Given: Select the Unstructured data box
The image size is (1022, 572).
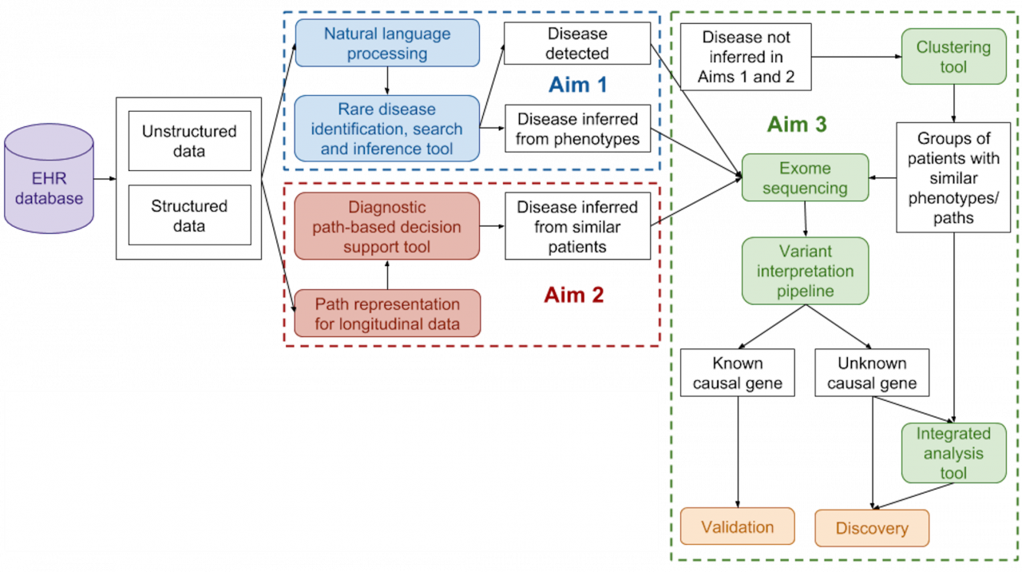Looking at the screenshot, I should click(189, 141).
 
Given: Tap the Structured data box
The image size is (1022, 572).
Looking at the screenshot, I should click(189, 216).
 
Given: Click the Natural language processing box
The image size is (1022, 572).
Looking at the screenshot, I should click(387, 44).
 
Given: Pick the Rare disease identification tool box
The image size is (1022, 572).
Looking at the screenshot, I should click(387, 129).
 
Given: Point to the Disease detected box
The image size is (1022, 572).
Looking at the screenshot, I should click(577, 44).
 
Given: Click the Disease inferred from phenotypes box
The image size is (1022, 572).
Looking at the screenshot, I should click(577, 129).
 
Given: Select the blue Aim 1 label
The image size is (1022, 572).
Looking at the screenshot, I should click(578, 85).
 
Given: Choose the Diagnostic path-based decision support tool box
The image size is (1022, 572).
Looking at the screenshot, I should click(387, 227).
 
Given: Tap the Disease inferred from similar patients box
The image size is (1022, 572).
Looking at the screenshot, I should click(577, 227).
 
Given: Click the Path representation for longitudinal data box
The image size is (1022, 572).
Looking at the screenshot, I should click(387, 314).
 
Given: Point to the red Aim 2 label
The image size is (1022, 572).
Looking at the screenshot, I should click(574, 295).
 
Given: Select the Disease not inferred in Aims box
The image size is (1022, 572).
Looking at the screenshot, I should click(745, 57).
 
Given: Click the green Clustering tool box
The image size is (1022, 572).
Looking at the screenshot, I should click(953, 57).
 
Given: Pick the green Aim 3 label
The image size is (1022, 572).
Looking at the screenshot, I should click(796, 125).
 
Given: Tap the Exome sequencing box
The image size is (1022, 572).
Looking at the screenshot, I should click(805, 178).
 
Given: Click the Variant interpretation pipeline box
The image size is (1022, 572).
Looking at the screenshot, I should click(805, 271).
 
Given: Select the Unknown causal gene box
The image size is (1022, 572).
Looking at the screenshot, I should click(872, 374).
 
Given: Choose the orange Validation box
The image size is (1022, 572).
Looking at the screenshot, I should click(737, 527).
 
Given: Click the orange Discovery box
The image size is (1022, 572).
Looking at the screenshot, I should click(872, 528).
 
